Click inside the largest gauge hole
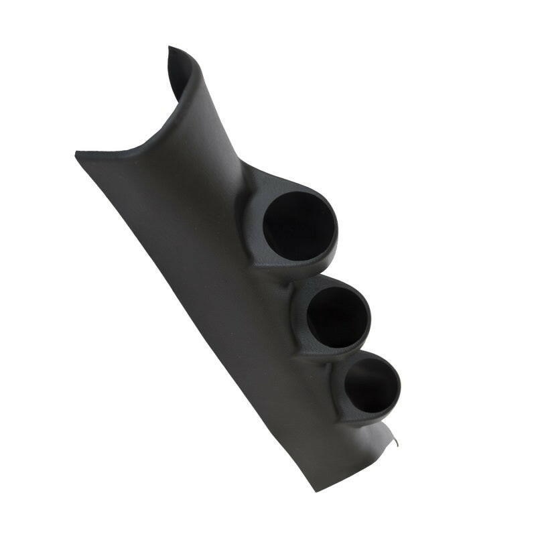(x=299, y=226)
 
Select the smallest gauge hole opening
(x=371, y=385)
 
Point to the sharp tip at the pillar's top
(x=170, y=48)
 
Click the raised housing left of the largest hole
(x=251, y=221)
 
